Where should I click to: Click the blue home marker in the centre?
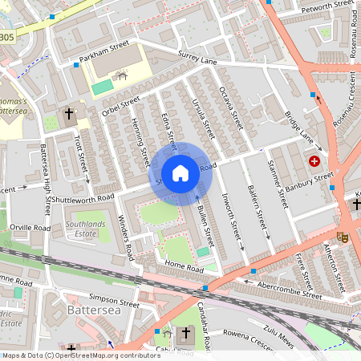pos(180,173)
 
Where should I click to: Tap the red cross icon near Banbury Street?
pos(314,161)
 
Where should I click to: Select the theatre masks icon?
pos(342,237)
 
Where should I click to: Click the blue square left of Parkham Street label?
pos(76,64)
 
